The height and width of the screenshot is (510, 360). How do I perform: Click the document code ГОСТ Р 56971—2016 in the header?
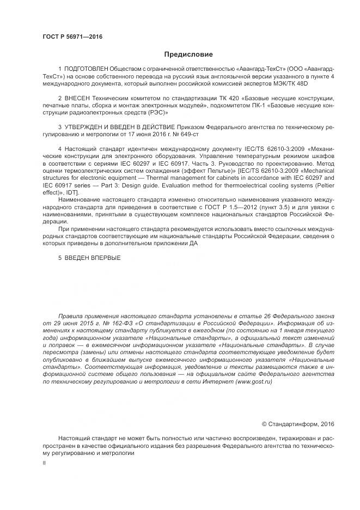click(x=72, y=37)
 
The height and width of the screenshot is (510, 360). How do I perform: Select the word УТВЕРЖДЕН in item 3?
click(x=83, y=126)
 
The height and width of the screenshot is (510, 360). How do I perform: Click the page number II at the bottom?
click(x=44, y=463)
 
